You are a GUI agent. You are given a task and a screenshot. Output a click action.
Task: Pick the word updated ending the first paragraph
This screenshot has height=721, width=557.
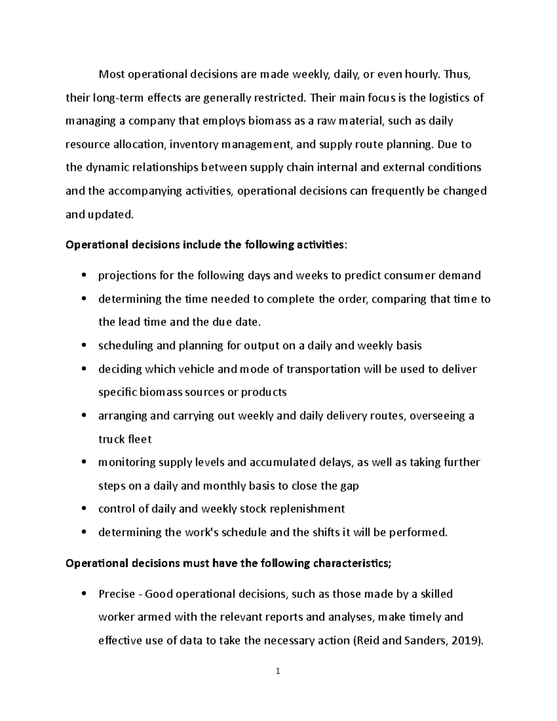point(110,214)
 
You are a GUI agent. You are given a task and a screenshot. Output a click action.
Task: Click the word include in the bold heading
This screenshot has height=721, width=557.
point(201,245)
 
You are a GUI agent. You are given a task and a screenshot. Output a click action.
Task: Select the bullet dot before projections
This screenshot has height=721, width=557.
point(84,276)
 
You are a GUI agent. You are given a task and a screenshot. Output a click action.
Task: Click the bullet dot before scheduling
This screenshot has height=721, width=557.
point(84,346)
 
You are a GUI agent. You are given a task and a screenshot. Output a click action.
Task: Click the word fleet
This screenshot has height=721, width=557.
point(140,439)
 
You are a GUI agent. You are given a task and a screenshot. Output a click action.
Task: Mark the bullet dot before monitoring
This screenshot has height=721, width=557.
point(84,462)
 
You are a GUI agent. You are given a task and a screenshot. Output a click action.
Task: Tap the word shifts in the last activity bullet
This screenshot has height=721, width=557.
point(322,533)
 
